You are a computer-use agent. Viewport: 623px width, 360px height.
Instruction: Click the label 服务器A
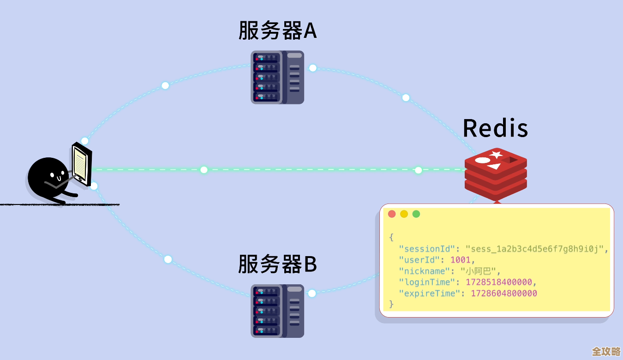(x=277, y=30)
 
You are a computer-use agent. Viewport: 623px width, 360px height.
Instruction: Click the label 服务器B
(x=277, y=264)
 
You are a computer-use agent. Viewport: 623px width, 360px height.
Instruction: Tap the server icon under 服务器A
(x=277, y=77)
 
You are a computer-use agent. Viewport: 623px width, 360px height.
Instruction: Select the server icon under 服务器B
(x=277, y=311)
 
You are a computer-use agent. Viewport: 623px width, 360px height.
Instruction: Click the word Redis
(x=495, y=128)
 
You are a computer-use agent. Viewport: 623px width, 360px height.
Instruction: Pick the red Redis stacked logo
(x=496, y=175)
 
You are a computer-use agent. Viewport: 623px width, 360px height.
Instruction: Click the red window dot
(x=392, y=214)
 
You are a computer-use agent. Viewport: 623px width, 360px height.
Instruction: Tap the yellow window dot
(x=404, y=214)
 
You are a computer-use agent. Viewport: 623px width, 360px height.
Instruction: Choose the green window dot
(x=416, y=214)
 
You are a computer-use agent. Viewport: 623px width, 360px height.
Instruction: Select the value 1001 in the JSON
(x=460, y=260)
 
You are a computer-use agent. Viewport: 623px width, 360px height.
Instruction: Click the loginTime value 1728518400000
(x=498, y=282)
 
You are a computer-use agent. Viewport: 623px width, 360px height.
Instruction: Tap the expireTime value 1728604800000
(x=503, y=293)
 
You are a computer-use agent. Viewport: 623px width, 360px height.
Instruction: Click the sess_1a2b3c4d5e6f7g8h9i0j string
(x=534, y=249)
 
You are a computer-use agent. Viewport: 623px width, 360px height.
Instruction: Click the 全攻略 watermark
(x=606, y=351)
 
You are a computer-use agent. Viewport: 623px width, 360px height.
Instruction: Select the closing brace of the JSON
(x=391, y=304)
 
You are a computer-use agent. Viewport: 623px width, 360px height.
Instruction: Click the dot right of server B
(x=312, y=293)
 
